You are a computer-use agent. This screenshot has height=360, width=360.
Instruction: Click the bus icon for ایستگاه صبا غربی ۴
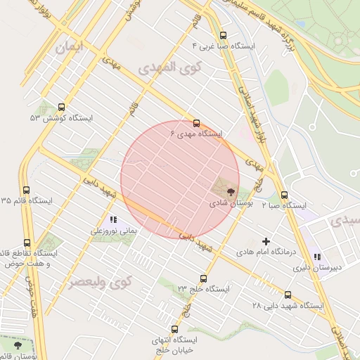click(223, 35)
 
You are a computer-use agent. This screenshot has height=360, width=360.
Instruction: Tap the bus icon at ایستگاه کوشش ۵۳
click(62, 108)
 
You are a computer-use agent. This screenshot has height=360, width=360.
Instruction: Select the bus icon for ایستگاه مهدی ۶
click(196, 122)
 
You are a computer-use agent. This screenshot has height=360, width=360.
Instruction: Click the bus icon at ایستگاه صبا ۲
click(284, 195)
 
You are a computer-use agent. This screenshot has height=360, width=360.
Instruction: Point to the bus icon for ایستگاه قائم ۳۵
click(27, 190)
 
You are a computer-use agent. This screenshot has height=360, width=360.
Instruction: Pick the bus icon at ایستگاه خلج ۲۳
click(204, 278)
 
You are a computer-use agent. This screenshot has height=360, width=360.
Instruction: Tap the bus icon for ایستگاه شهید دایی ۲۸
click(288, 295)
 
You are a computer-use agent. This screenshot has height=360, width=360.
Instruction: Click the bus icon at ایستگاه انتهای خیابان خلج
click(174, 328)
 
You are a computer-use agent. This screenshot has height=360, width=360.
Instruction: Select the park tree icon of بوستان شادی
click(231, 191)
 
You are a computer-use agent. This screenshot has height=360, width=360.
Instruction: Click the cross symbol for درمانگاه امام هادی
click(266, 241)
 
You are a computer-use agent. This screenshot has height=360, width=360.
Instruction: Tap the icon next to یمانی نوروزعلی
click(113, 220)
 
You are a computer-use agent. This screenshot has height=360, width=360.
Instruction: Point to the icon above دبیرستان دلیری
click(317, 257)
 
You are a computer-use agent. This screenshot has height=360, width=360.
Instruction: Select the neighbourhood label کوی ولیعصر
click(100, 283)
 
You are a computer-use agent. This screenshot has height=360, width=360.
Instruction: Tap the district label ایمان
click(67, 48)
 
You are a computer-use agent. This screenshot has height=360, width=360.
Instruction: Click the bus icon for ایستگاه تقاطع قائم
click(27, 243)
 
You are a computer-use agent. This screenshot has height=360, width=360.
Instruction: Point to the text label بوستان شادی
click(232, 202)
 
